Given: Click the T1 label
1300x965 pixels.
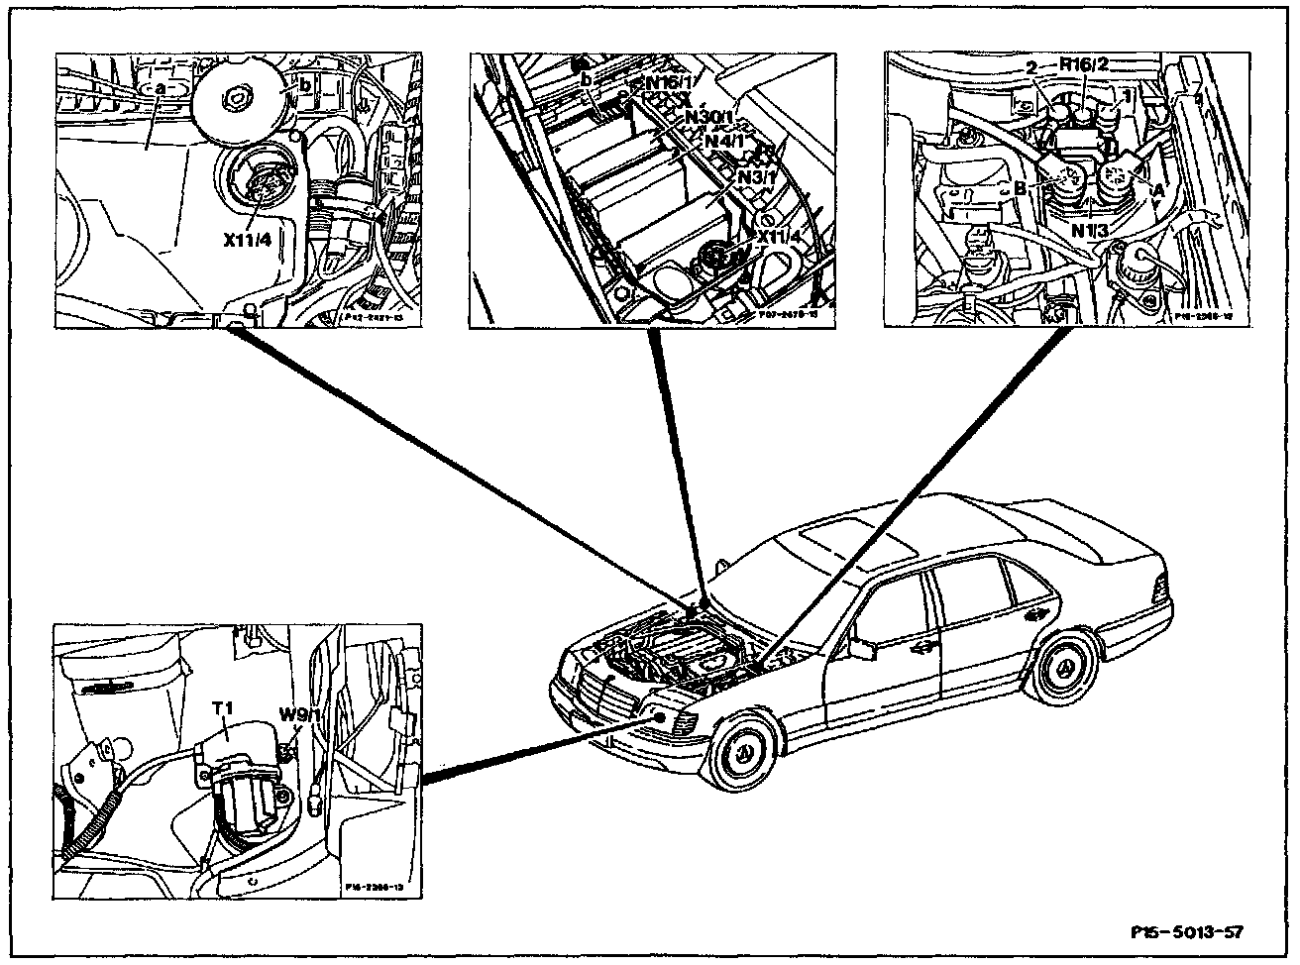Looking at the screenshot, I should (223, 709).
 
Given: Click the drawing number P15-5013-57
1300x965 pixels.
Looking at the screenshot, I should (1186, 932).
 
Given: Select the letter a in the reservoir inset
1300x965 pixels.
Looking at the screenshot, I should (161, 88).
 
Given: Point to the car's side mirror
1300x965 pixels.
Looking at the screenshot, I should (860, 649).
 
